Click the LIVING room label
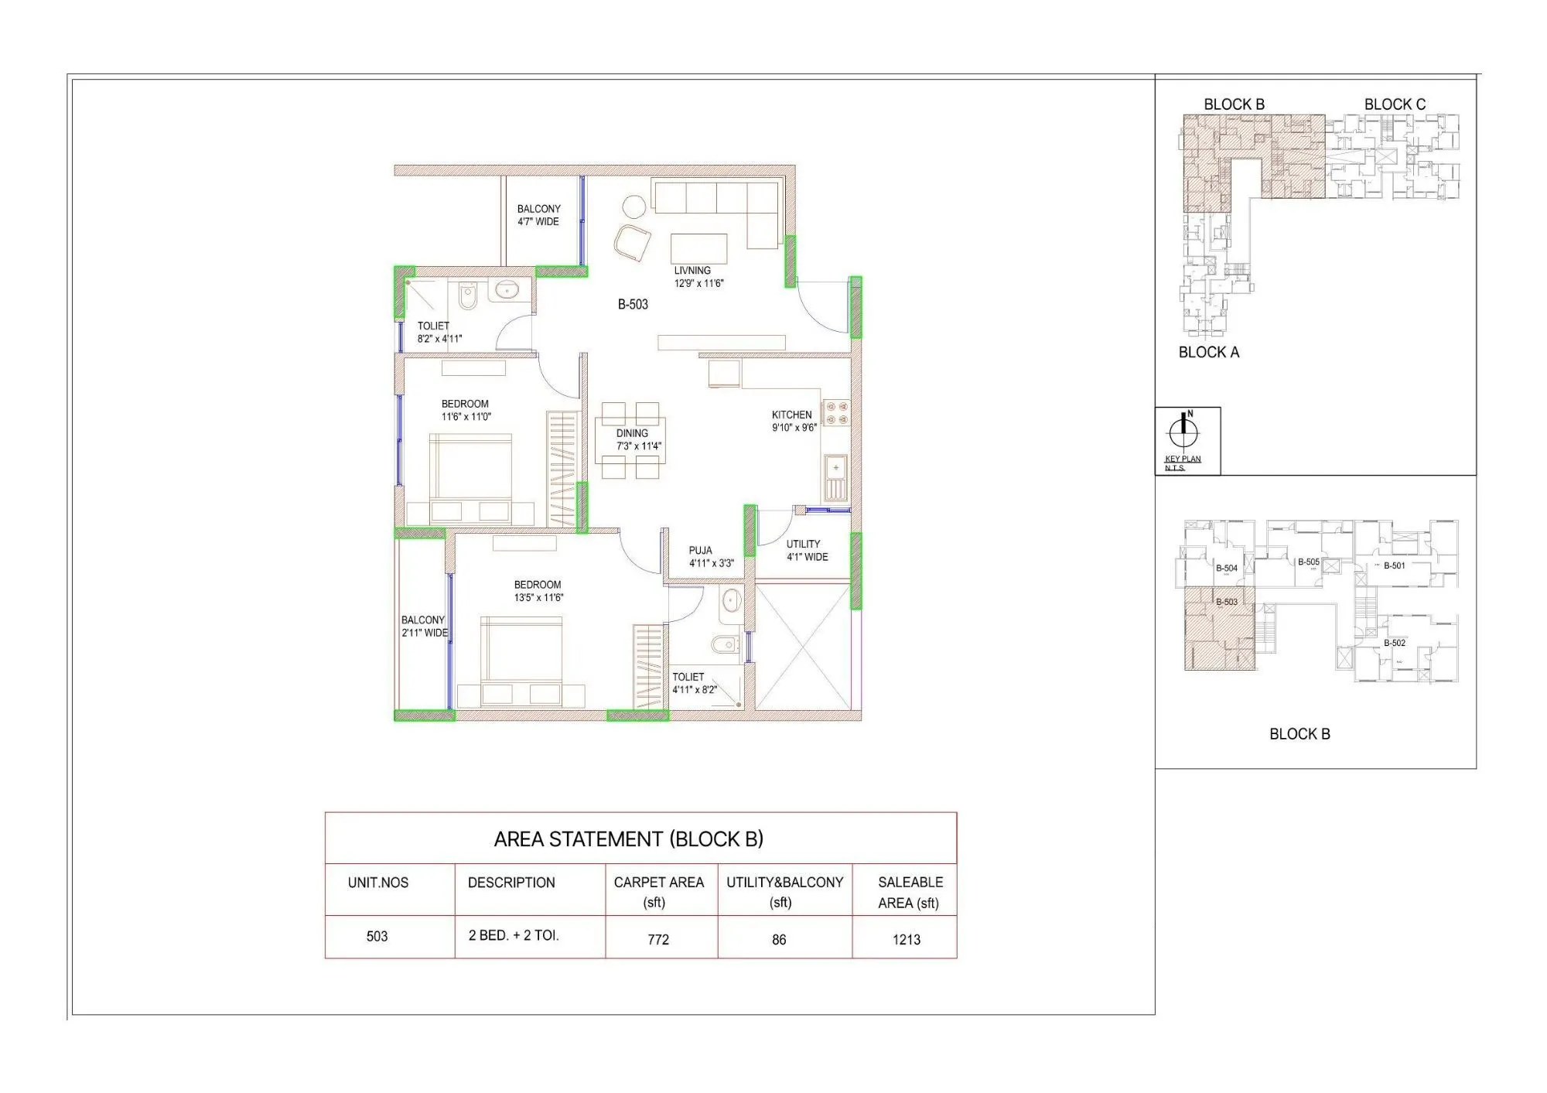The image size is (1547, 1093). (x=692, y=271)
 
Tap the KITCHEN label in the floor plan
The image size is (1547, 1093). (x=791, y=415)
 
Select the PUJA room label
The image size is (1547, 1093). (x=701, y=551)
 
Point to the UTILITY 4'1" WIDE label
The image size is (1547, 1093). (x=806, y=550)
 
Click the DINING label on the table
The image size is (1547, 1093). (x=632, y=434)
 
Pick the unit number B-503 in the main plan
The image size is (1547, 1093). (x=633, y=305)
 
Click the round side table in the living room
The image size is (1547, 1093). (x=634, y=207)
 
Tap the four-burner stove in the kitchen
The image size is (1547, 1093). (x=836, y=412)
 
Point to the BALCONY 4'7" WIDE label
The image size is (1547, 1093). (x=538, y=215)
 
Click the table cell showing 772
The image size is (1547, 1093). (x=659, y=939)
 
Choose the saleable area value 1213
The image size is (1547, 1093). (x=907, y=939)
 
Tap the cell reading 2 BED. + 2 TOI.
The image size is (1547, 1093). (x=513, y=935)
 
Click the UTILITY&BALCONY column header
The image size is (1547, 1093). (x=784, y=891)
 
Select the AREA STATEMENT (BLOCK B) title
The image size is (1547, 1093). (x=628, y=839)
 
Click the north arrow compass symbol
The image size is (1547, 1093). (x=1183, y=432)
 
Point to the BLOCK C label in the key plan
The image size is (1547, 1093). (x=1395, y=104)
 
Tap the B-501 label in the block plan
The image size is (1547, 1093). (x=1394, y=566)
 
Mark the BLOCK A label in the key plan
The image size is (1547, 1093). (x=1208, y=353)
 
